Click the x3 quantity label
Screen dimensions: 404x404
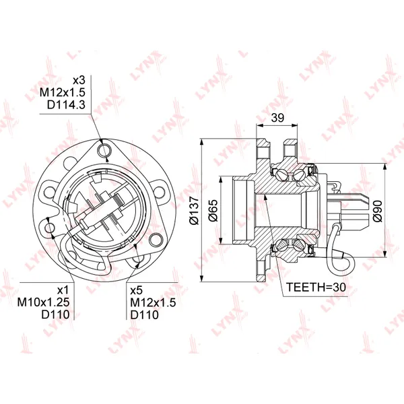[79, 80]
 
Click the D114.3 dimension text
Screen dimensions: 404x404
[66, 105]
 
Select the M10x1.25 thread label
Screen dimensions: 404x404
[43, 302]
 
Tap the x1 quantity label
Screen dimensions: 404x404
[63, 290]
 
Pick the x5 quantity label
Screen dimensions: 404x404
[137, 290]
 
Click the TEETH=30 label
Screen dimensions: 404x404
[316, 288]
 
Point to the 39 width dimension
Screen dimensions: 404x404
[277, 118]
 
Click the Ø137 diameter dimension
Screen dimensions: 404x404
[194, 211]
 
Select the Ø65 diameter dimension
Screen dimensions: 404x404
[213, 211]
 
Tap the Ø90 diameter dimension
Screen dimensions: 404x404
[378, 211]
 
